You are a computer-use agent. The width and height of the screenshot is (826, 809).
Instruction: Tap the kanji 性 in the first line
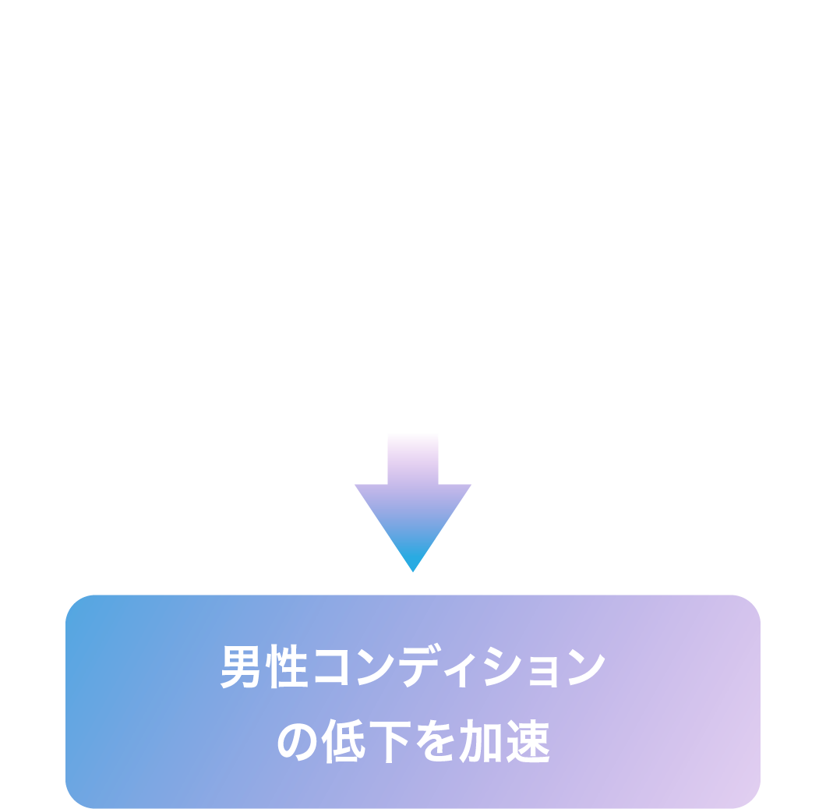coord(284,668)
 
